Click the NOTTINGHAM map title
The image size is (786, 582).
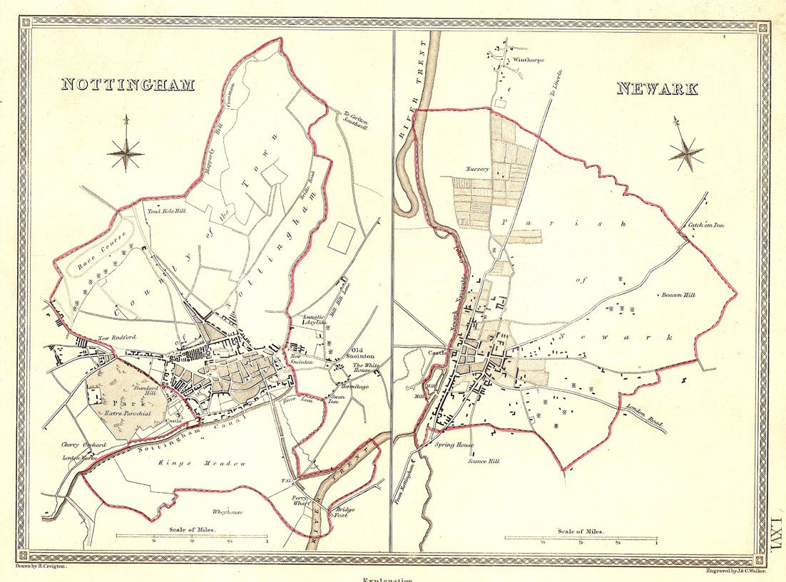pos(128,84)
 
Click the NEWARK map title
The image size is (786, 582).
pos(657,89)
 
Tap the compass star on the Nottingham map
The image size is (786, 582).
pos(126,152)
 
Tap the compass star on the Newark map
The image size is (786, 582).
pos(686,152)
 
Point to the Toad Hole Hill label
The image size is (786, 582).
pos(166,211)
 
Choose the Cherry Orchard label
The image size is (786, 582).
pos(83,445)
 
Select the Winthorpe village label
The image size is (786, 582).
pos(528,61)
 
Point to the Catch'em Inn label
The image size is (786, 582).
pos(706,227)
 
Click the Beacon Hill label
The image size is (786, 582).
pos(678,294)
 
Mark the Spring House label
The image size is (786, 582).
pos(454,445)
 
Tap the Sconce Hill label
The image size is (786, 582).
pos(483,462)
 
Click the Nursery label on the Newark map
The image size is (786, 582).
pos(477,169)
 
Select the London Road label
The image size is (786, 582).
pos(645,418)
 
